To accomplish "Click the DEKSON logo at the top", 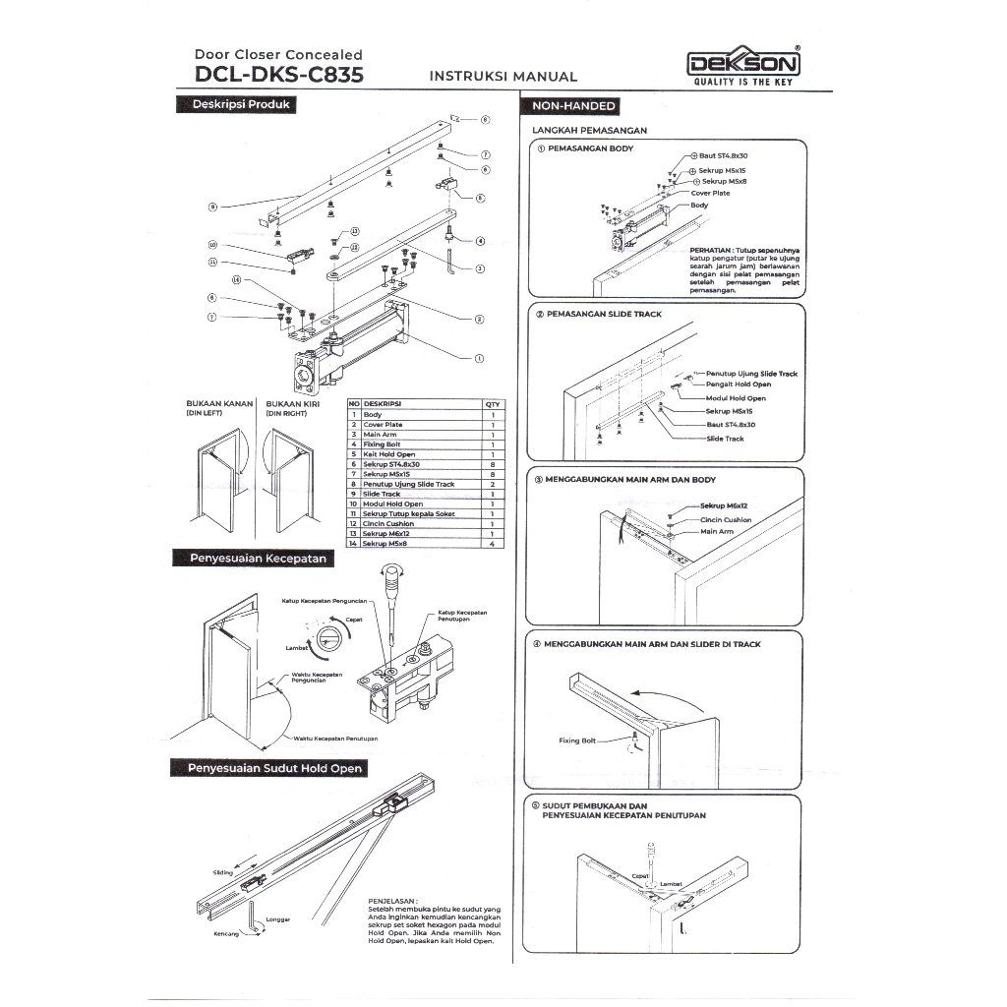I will (x=743, y=65).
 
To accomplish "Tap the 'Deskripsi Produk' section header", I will (x=235, y=104).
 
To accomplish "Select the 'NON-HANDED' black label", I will (x=574, y=105).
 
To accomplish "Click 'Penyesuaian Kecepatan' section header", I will (x=250, y=558).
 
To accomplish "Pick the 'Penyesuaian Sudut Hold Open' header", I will (x=267, y=768).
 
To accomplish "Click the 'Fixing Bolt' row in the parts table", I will (x=383, y=444).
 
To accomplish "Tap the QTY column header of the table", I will (x=492, y=404).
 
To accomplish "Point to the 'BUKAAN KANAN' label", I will (x=220, y=403).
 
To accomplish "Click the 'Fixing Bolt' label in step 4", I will (x=576, y=740).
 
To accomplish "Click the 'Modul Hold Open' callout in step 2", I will (x=736, y=397).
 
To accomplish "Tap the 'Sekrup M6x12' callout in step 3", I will (x=725, y=506).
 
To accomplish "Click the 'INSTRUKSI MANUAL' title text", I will (x=503, y=77).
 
